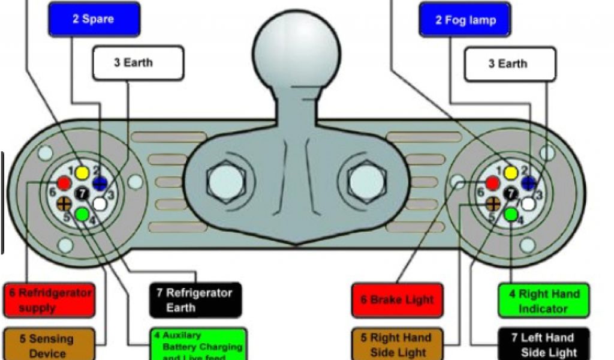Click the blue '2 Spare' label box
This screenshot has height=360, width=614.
coord(94,20)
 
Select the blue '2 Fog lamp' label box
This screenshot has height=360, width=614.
coord(465,20)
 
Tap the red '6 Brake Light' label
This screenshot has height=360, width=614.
coord(396,300)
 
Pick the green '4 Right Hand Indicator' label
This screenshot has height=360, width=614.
coord(544,301)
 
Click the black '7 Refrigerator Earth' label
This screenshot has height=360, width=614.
coord(195,300)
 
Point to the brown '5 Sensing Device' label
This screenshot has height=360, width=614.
coord(49,345)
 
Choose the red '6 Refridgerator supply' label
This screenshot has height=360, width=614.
coord(49,300)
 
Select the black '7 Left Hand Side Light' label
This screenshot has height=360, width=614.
coord(544,344)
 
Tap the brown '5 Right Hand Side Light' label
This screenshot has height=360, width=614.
coord(396,344)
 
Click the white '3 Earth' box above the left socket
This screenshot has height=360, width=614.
coord(137,63)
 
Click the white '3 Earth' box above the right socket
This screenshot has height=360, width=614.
coord(510,64)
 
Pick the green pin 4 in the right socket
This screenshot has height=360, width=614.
coord(511,214)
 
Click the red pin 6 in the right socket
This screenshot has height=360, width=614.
coord(492,184)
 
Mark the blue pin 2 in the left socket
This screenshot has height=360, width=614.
coord(100,184)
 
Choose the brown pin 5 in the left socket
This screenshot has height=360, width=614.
coord(65,202)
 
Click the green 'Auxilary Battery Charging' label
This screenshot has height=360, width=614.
coord(198,344)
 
